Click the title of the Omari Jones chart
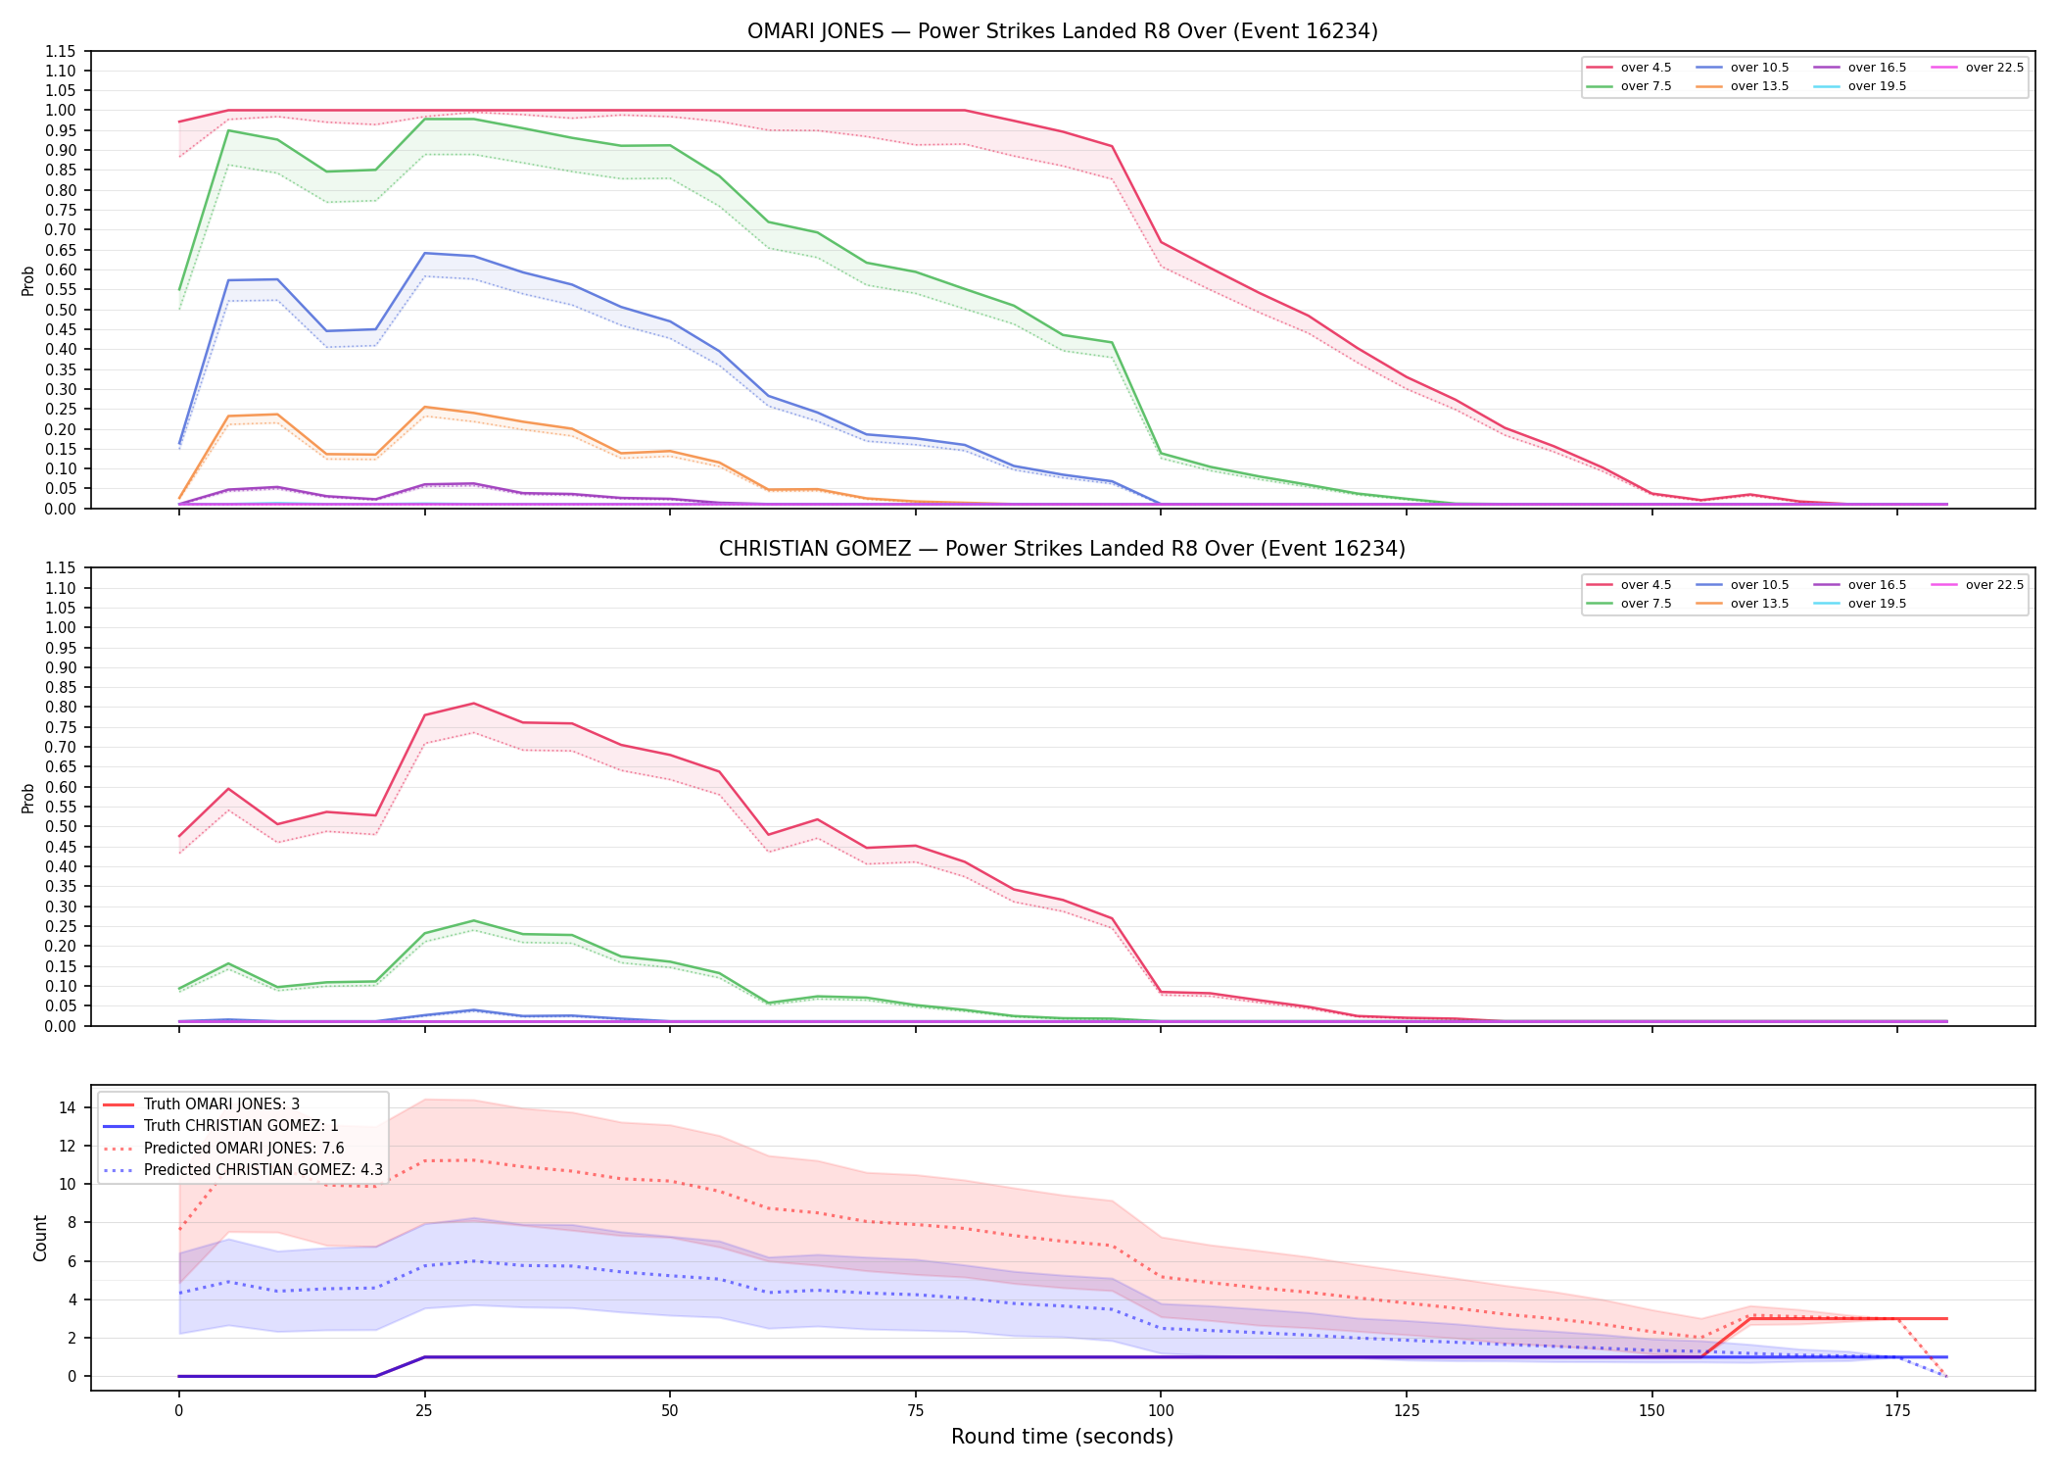pyautogui.click(x=1062, y=31)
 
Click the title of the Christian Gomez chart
pyautogui.click(x=1062, y=549)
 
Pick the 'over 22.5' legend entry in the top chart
pyautogui.click(x=1978, y=68)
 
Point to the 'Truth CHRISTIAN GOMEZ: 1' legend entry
pyautogui.click(x=220, y=1126)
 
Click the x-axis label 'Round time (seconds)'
pyautogui.click(x=1062, y=1437)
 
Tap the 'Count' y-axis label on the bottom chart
pyautogui.click(x=40, y=1238)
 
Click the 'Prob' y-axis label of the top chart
pyautogui.click(x=28, y=280)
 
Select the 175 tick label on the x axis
pyautogui.click(x=1897, y=1411)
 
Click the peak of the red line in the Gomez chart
pyautogui.click(x=474, y=703)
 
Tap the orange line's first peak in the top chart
pyautogui.click(x=277, y=415)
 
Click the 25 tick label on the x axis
pyautogui.click(x=424, y=1411)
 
